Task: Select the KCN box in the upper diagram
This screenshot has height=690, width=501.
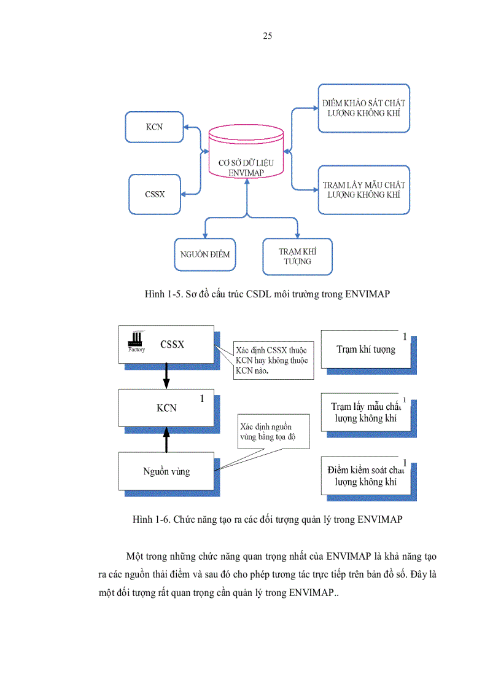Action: pos(154,127)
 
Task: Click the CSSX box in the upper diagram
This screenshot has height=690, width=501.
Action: pos(155,194)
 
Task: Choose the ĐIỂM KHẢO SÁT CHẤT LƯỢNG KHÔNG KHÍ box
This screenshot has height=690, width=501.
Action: pos(363,108)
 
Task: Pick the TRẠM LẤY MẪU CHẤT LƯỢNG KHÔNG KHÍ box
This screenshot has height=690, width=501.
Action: pos(363,189)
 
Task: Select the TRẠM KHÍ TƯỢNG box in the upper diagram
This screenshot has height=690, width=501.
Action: pos(297,256)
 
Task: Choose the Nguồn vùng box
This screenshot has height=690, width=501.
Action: pos(166,471)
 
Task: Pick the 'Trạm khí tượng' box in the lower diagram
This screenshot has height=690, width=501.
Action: pos(366,349)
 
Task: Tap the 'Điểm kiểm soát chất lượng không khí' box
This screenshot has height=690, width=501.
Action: pos(366,476)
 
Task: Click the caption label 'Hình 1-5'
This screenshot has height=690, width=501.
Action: pos(161,294)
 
